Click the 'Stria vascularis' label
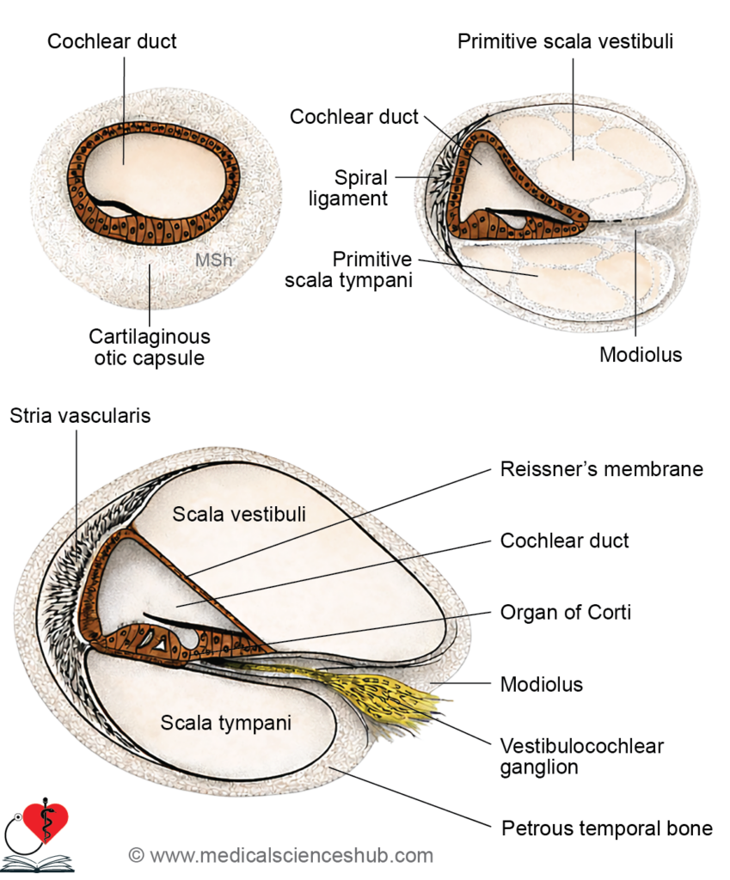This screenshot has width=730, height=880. tap(80, 416)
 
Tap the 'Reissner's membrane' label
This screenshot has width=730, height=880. tap(601, 469)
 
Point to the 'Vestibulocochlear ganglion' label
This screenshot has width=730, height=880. tap(581, 756)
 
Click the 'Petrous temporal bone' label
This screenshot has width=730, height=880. tap(606, 828)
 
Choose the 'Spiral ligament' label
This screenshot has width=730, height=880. tap(361, 188)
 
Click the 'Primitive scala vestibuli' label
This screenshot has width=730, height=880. tap(565, 41)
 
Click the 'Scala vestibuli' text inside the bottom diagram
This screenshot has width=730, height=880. tap(239, 514)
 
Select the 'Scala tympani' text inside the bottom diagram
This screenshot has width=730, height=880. tap(226, 723)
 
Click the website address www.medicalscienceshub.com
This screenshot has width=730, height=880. tap(291, 856)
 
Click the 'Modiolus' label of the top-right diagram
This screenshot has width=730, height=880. tap(640, 354)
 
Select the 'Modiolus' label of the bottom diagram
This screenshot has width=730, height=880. tap(542, 685)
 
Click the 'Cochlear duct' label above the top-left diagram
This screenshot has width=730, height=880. tap(112, 41)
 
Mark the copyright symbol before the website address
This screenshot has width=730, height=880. tap(136, 856)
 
